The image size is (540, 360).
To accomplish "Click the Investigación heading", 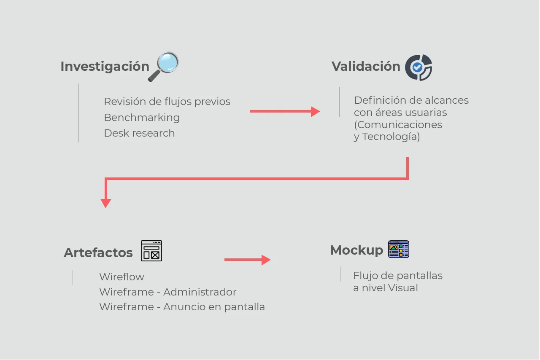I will pyautogui.click(x=105, y=67).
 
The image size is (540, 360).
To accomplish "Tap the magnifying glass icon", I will pyautogui.click(x=164, y=67).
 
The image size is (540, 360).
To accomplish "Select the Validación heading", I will pyautogui.click(x=366, y=67).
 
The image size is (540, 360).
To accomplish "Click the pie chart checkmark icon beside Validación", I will pyautogui.click(x=418, y=67).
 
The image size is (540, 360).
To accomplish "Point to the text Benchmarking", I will pyautogui.click(x=142, y=118).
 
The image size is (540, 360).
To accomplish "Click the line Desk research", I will pyautogui.click(x=139, y=133).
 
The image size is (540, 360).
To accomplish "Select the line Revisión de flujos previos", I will pyautogui.click(x=167, y=102).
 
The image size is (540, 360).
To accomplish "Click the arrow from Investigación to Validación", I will pyautogui.click(x=284, y=111).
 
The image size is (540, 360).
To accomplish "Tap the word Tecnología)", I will pyautogui.click(x=391, y=137).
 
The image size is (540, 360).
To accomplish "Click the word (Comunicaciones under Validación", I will pyautogui.click(x=398, y=125).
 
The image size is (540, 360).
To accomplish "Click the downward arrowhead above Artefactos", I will pyautogui.click(x=106, y=203).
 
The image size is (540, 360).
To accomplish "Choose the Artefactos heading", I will pyautogui.click(x=98, y=253).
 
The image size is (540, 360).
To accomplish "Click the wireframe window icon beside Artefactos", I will pyautogui.click(x=151, y=251).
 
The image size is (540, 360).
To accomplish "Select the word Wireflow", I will pyautogui.click(x=121, y=277).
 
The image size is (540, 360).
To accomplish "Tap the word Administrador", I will pyautogui.click(x=200, y=292).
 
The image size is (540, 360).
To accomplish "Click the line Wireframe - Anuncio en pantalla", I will pyautogui.click(x=182, y=307).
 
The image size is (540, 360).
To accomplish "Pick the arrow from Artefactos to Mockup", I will pyautogui.click(x=247, y=260).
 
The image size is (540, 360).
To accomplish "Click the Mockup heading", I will pyautogui.click(x=356, y=250).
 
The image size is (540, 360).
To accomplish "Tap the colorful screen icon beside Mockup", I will pyautogui.click(x=399, y=249).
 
